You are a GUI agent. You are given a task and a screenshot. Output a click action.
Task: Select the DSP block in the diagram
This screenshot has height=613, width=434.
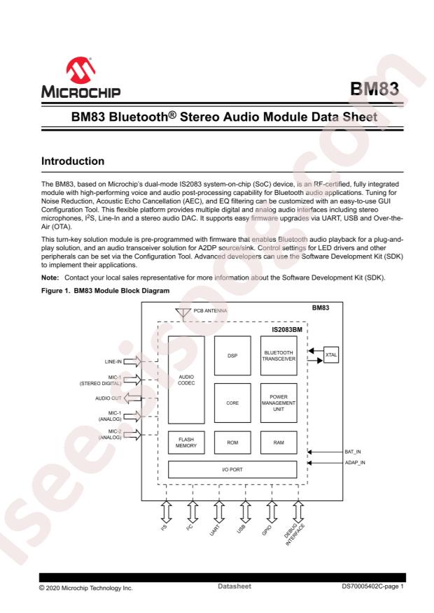[232, 355]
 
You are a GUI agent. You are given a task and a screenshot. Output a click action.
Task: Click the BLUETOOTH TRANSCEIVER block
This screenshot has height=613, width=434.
[279, 356]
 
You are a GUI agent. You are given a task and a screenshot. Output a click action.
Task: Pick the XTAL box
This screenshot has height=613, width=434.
[331, 355]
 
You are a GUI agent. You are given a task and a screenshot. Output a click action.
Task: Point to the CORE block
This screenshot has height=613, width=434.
[232, 403]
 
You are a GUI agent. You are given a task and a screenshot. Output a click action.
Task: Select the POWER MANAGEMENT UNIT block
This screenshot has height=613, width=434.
[279, 403]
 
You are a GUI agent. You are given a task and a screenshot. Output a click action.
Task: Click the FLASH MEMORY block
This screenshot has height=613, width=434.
[186, 442]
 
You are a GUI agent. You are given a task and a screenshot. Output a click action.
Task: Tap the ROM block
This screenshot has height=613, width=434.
[232, 442]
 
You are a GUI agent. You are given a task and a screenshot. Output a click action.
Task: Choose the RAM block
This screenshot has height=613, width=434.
[279, 442]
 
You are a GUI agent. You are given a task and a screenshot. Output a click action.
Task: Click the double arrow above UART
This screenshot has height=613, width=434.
[218, 512]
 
